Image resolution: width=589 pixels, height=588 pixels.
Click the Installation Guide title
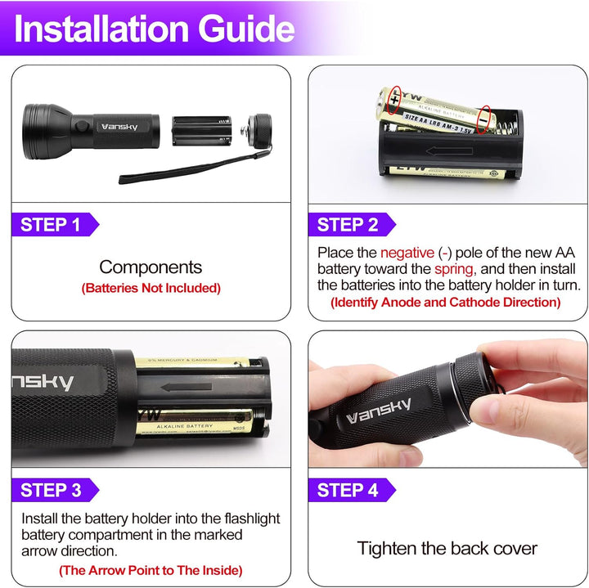(155, 29)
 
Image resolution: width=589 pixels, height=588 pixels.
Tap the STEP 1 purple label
(51, 225)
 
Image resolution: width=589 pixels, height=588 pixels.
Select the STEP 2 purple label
(348, 225)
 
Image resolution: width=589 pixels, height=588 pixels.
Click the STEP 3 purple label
(51, 490)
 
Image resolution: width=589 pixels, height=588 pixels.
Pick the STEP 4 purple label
(348, 490)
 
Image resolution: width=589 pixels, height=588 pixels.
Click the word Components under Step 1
(151, 267)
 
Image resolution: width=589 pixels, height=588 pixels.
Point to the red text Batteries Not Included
(151, 288)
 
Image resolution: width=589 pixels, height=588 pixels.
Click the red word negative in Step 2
(407, 253)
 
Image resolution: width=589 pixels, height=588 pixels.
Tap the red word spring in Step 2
(453, 269)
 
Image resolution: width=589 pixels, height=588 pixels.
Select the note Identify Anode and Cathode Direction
(445, 303)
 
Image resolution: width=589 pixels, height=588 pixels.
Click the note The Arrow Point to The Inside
(151, 570)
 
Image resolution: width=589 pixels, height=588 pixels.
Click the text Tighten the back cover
(447, 548)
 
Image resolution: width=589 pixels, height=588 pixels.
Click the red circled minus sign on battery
(485, 119)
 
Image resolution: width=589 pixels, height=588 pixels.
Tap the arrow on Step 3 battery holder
(181, 387)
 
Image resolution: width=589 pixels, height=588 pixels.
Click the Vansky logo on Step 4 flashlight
(380, 410)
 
